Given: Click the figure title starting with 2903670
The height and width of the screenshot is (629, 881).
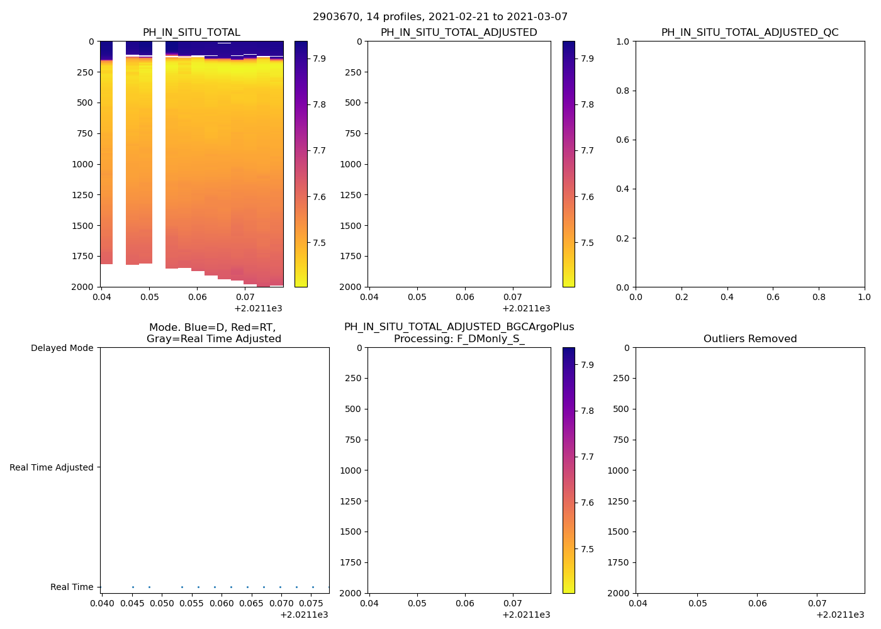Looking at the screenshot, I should pos(440,17).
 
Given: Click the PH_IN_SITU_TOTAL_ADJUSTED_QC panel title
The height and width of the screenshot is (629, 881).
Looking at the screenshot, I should pos(749,33).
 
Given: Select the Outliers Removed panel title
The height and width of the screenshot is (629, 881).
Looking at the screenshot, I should pos(749,339).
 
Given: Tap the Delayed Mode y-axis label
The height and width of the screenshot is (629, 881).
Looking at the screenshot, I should pos(62,348).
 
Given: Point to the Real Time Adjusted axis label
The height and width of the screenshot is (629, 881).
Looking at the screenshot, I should pos(51,467).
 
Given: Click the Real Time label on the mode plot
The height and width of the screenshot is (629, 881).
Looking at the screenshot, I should pos(72,587).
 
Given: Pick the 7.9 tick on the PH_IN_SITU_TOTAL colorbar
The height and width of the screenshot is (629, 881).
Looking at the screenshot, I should pos(320,58).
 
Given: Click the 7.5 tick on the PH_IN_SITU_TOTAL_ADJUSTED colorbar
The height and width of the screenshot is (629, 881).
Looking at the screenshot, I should pos(588,243).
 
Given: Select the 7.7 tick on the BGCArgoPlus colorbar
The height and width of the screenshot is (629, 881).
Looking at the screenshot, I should pos(588,457).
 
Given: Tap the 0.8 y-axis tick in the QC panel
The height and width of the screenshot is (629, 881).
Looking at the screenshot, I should pos(622,91).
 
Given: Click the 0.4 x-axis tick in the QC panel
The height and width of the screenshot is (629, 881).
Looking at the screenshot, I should pos(727,297).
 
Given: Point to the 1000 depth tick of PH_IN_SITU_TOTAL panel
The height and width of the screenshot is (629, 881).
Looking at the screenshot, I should pos(82,164).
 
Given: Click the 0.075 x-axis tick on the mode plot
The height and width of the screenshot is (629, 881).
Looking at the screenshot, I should pos(312,604).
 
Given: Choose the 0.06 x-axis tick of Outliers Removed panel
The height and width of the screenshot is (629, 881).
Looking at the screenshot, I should pos(757,603).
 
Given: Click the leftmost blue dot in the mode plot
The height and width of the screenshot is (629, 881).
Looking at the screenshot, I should pos(133,587).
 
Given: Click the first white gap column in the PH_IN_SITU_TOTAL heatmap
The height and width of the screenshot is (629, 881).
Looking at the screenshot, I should pos(119,151).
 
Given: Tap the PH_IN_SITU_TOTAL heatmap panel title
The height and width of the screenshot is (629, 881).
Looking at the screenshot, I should pos(191,33).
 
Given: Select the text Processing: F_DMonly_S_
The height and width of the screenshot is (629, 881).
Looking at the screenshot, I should pos(459,339).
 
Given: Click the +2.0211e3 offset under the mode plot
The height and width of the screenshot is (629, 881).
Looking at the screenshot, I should pos(304,615).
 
